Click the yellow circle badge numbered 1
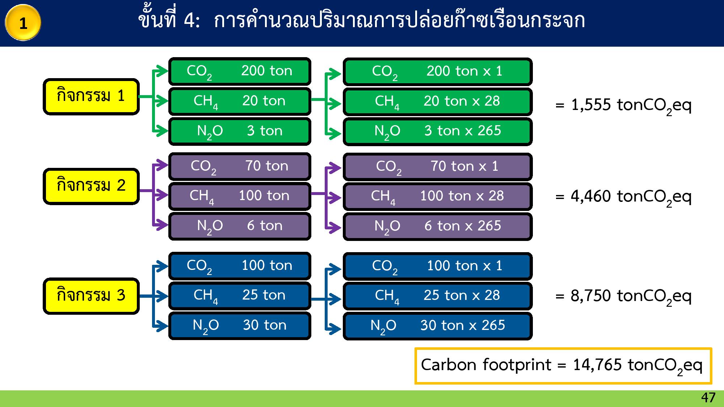(x=23, y=23)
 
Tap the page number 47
(x=708, y=398)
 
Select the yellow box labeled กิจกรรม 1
(x=91, y=97)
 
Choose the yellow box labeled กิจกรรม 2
(x=91, y=186)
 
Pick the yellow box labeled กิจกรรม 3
(x=91, y=296)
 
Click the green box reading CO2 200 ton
(x=240, y=71)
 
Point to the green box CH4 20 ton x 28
(x=437, y=102)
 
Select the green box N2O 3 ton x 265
(x=437, y=131)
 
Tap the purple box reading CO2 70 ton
(x=240, y=166)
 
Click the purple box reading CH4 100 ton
(x=240, y=196)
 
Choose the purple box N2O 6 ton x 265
(x=437, y=226)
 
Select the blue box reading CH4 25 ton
(x=240, y=296)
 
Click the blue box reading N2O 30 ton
(x=240, y=326)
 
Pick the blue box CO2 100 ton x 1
(x=437, y=266)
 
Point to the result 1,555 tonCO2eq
(x=623, y=106)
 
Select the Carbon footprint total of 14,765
(x=563, y=365)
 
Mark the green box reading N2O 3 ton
(x=240, y=131)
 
